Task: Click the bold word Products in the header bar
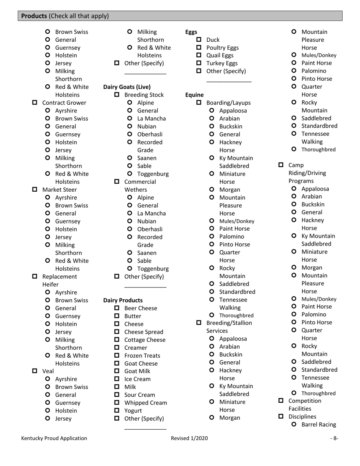point(34,16)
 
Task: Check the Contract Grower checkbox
point(35,103)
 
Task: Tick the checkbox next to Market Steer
point(35,189)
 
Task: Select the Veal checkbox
point(35,371)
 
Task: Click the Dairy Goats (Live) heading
point(127,87)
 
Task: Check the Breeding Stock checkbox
point(117,95)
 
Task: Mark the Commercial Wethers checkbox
point(117,181)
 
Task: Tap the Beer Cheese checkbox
point(117,308)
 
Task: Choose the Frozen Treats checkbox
point(117,355)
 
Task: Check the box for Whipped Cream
point(117,403)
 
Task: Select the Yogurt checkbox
point(117,411)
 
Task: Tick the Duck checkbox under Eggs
point(199,40)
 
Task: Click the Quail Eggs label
point(220,55)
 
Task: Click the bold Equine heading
point(194,95)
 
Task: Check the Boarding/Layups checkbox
point(199,103)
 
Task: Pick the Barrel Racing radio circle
point(294,424)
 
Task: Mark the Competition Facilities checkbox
point(281,401)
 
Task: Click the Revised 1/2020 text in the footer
point(189,438)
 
